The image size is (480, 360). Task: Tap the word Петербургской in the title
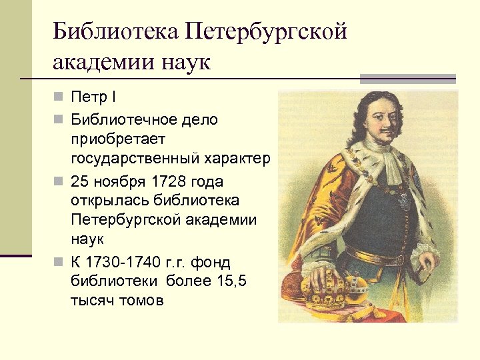pos(267,31)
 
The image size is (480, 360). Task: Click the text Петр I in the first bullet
pos(93,99)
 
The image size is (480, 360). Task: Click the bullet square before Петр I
pos(59,99)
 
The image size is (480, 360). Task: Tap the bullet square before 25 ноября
pos(59,181)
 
